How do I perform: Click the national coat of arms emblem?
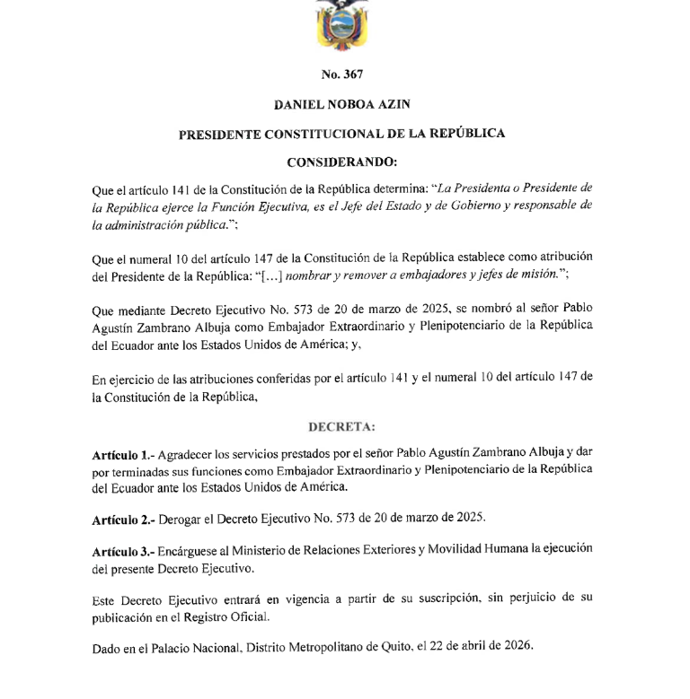click(343, 24)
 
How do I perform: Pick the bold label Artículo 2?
click(123, 519)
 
